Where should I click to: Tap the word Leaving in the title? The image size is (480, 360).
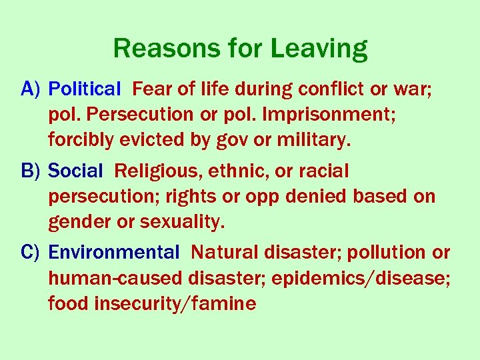pyautogui.click(x=319, y=49)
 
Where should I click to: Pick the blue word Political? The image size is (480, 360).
pyautogui.click(x=85, y=89)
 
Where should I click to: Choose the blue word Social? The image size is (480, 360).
pyautogui.click(x=76, y=171)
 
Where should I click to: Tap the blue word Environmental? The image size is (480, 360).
pyautogui.click(x=114, y=253)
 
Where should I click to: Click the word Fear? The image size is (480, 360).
pyautogui.click(x=151, y=89)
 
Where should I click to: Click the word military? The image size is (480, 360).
pyautogui.click(x=314, y=140)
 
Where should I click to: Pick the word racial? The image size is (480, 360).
pyautogui.click(x=323, y=171)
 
